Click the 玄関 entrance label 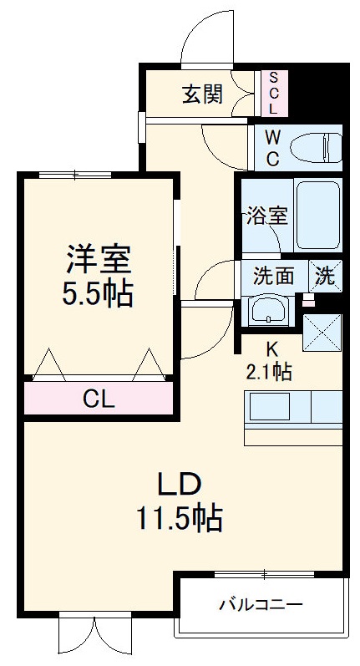click(x=203, y=94)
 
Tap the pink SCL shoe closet click(x=273, y=93)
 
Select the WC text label click(x=273, y=146)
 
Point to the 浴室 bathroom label click(x=266, y=215)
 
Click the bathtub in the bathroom click(x=318, y=214)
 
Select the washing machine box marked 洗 click(x=326, y=275)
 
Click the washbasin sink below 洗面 click(x=269, y=311)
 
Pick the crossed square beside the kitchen click(x=322, y=331)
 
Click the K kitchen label click(x=272, y=348)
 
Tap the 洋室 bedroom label click(x=99, y=259)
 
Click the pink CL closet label click(x=99, y=399)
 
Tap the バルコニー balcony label click(x=261, y=603)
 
